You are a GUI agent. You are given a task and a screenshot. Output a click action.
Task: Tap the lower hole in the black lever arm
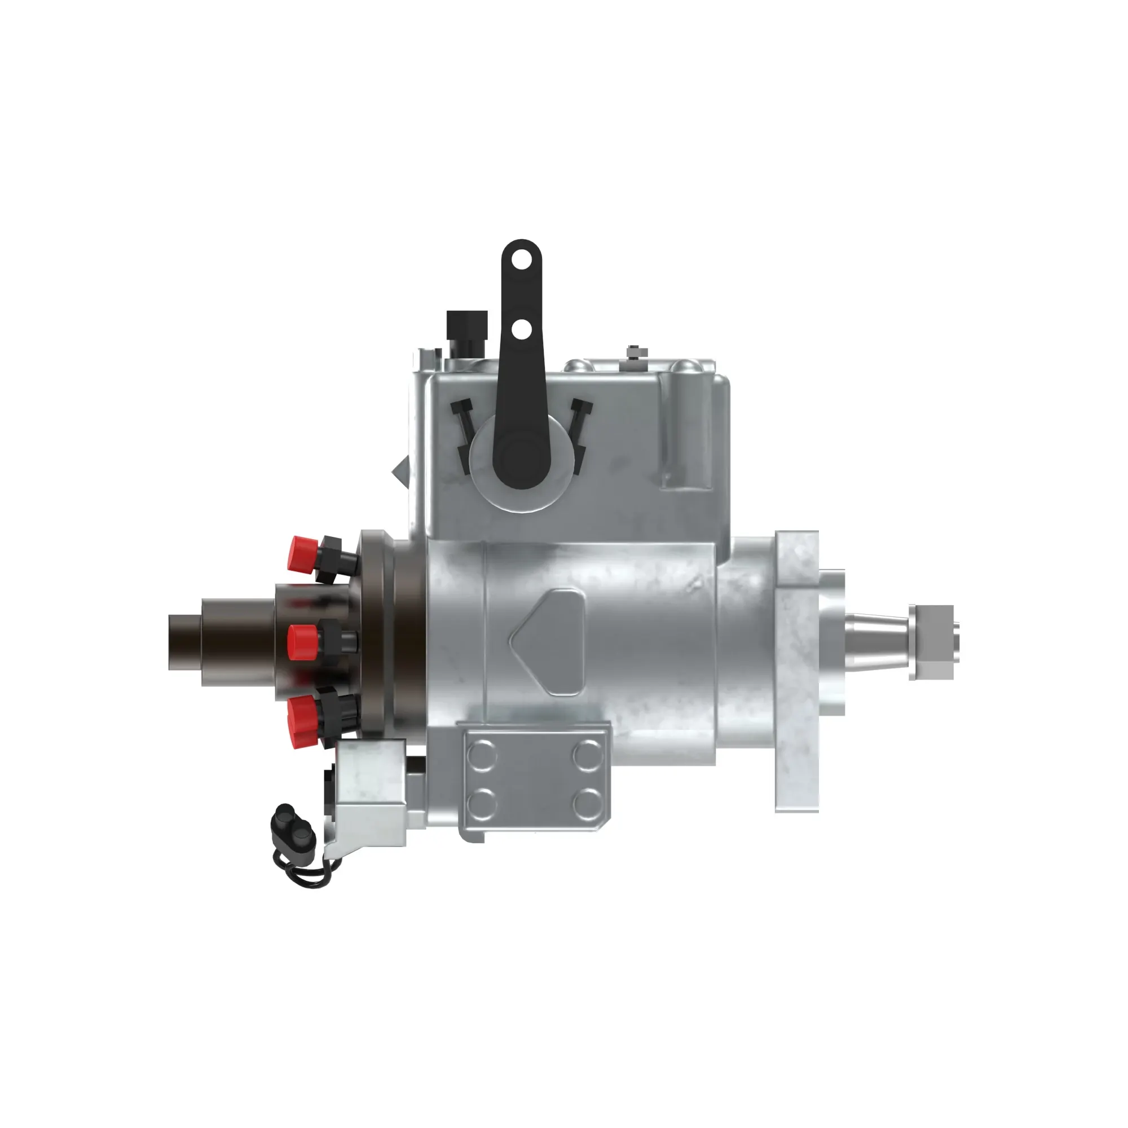click(x=521, y=330)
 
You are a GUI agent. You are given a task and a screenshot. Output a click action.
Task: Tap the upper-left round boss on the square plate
click(x=483, y=755)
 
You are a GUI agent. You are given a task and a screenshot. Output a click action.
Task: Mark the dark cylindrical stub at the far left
click(x=186, y=642)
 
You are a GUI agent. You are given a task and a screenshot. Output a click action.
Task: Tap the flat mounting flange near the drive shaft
click(x=796, y=671)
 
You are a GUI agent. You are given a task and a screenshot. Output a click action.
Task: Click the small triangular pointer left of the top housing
click(x=402, y=470)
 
